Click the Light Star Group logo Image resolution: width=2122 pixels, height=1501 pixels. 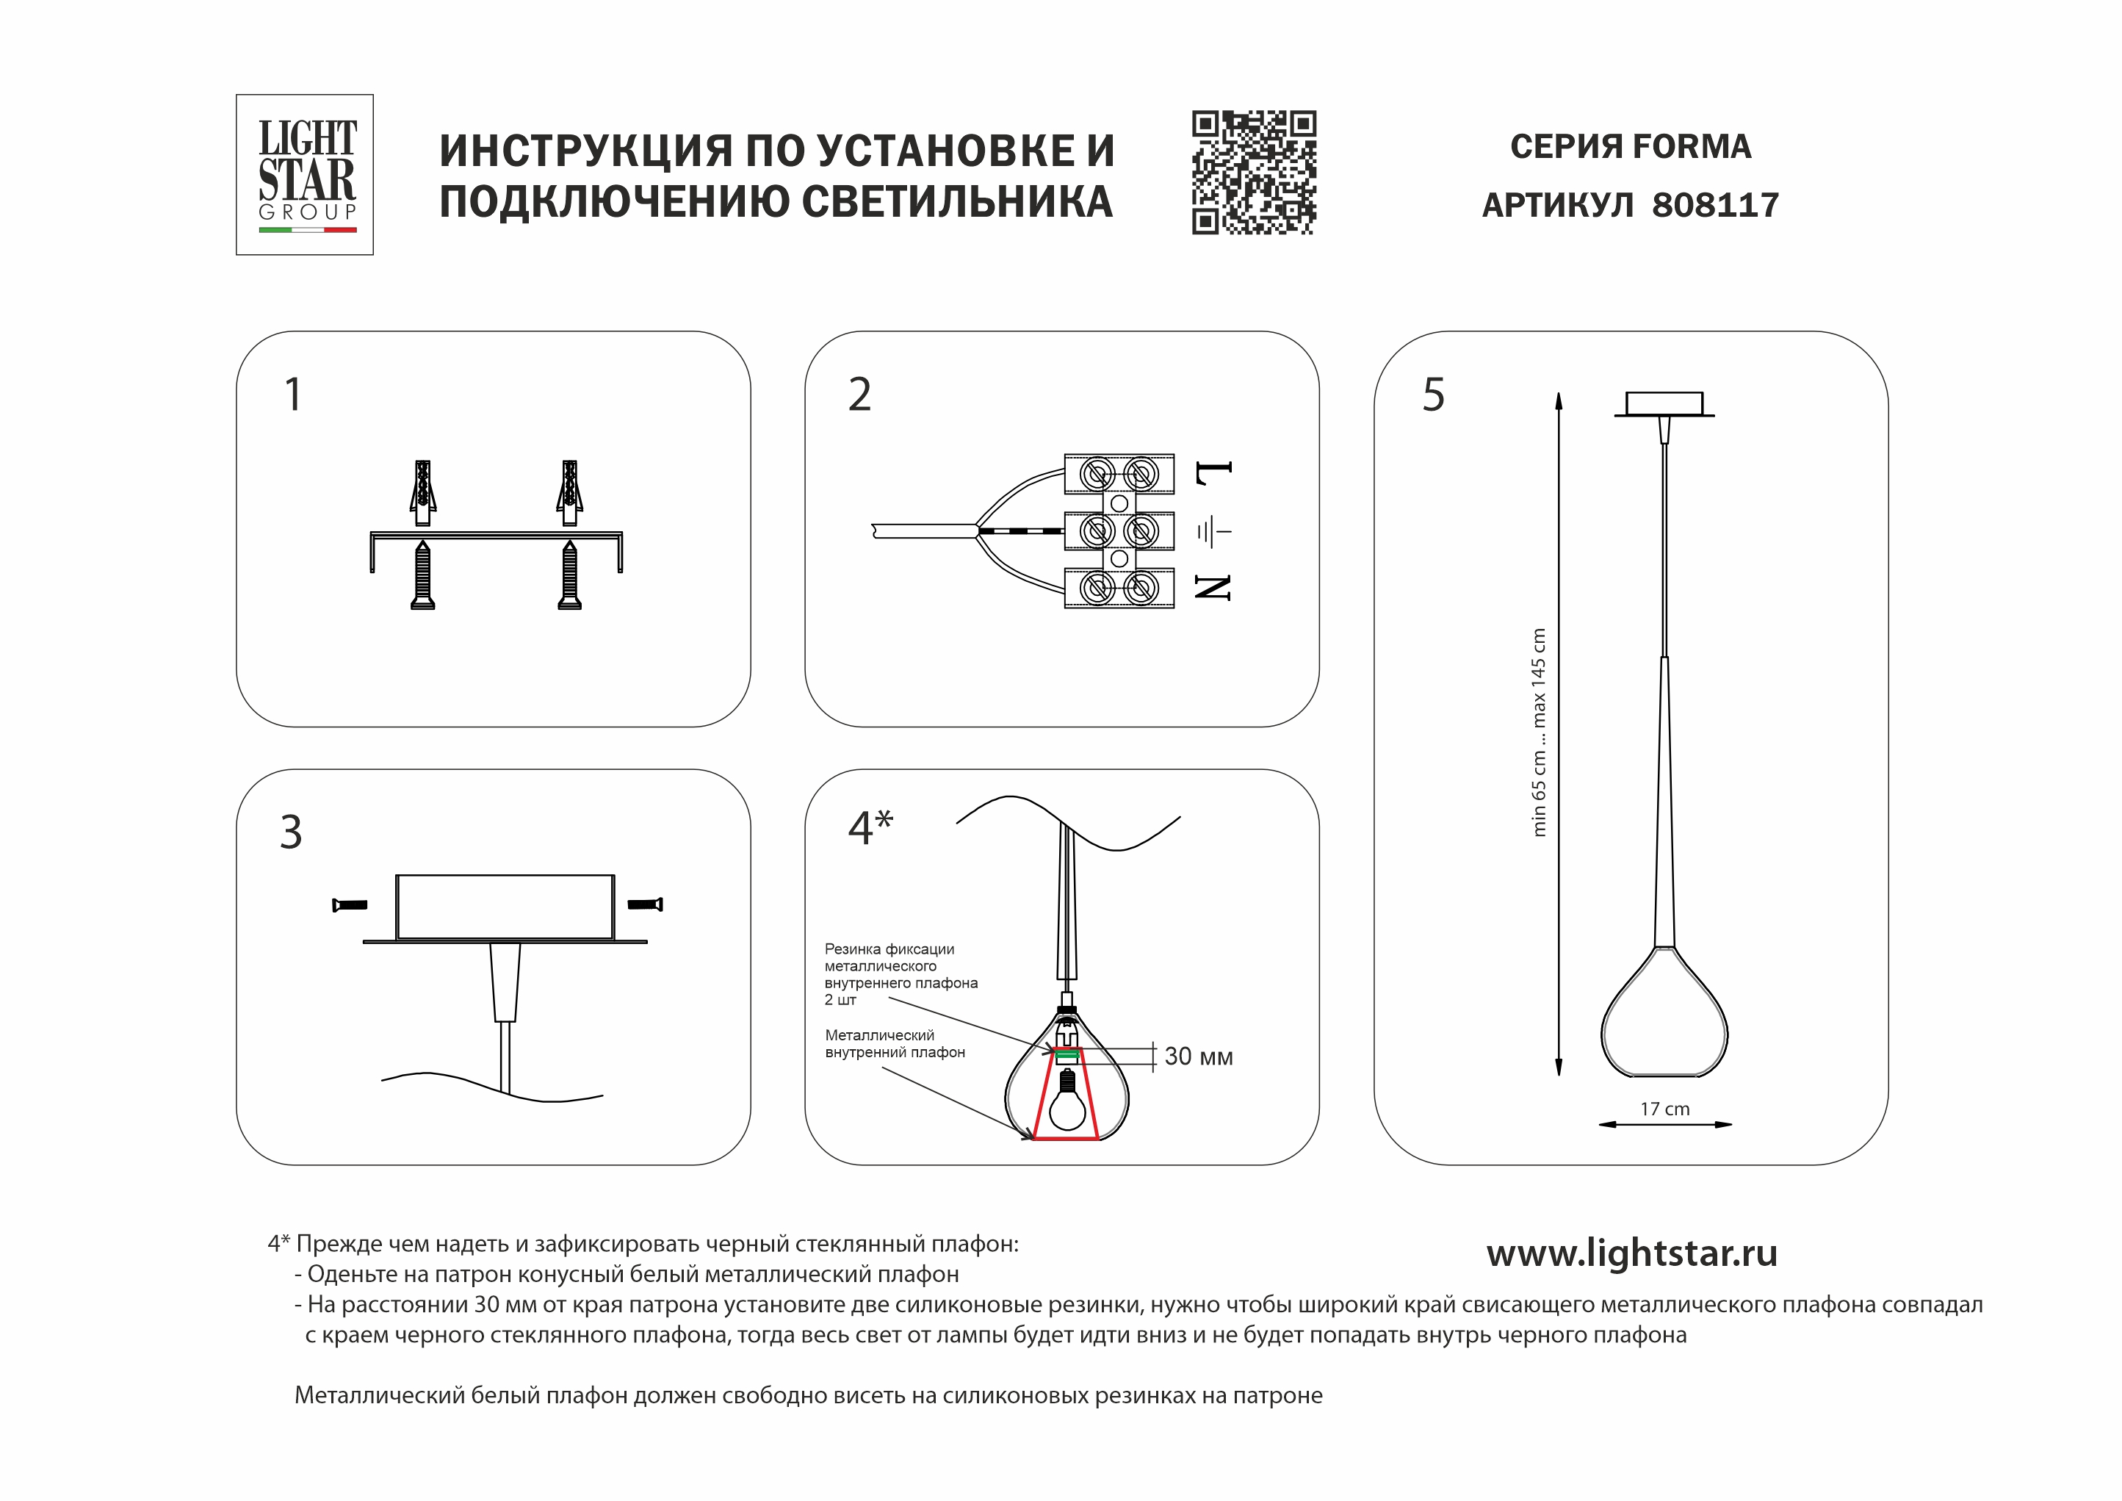click(305, 175)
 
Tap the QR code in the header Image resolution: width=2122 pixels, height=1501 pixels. click(1253, 173)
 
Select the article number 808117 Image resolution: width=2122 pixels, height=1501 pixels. click(1714, 205)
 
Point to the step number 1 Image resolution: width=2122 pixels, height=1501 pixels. click(293, 395)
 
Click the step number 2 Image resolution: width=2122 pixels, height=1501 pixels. click(859, 395)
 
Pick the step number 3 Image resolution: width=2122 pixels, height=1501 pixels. click(291, 832)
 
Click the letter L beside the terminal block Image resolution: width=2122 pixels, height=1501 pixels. click(1213, 473)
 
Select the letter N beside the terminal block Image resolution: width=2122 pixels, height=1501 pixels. click(1213, 587)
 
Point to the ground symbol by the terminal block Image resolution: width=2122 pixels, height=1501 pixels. click(1213, 533)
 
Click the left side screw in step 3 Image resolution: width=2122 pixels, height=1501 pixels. click(350, 905)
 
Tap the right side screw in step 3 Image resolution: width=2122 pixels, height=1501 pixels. click(645, 904)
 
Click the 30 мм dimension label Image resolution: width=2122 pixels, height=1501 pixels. click(1198, 1057)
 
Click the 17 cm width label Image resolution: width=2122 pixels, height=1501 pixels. click(1664, 1109)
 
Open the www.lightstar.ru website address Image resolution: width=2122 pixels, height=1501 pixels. click(1631, 1253)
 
